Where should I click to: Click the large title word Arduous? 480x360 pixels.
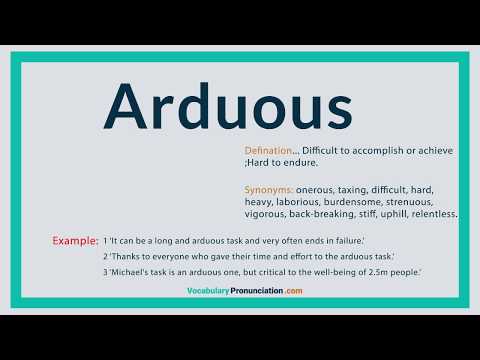pyautogui.click(x=229, y=107)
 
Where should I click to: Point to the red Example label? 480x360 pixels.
pyautogui.click(x=75, y=241)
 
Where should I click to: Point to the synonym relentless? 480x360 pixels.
pyautogui.click(x=435, y=214)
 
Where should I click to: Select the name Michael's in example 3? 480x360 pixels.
pyautogui.click(x=131, y=272)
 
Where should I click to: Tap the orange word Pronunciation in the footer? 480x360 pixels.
pyautogui.click(x=254, y=291)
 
